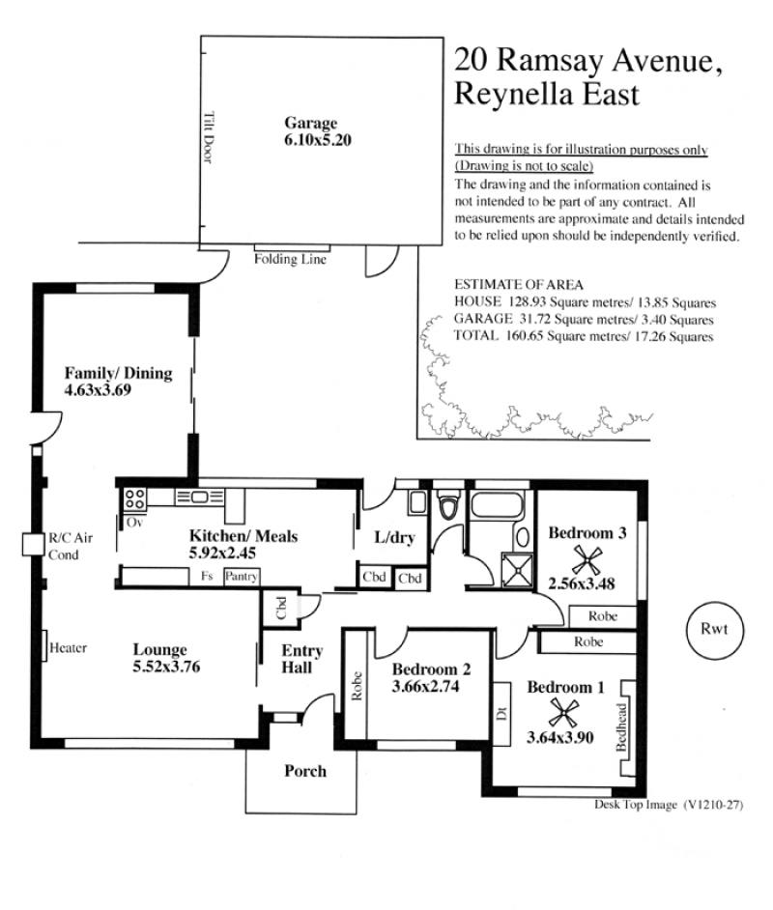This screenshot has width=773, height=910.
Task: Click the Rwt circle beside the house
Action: point(714,630)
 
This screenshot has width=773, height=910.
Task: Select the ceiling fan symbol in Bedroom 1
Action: point(563,713)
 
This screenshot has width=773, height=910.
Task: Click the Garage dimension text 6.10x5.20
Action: point(318,140)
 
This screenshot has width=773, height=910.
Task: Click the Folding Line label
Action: point(290,259)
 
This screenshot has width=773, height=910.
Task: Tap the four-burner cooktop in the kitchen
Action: point(134,499)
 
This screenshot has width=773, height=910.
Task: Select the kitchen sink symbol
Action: point(199,497)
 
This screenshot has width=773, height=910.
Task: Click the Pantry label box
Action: point(242,577)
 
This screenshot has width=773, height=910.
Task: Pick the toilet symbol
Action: point(448,505)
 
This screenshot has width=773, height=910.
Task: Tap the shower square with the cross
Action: point(517,569)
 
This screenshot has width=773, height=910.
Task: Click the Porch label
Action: point(305,771)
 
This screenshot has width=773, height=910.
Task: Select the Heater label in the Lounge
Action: point(68,647)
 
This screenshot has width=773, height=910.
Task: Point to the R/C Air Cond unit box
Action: point(33,545)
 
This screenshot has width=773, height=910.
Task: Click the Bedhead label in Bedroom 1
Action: point(621,727)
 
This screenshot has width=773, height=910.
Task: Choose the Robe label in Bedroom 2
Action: point(357,686)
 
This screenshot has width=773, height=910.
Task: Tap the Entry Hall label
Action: point(301,659)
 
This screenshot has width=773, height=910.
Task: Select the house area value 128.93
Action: point(527,301)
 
